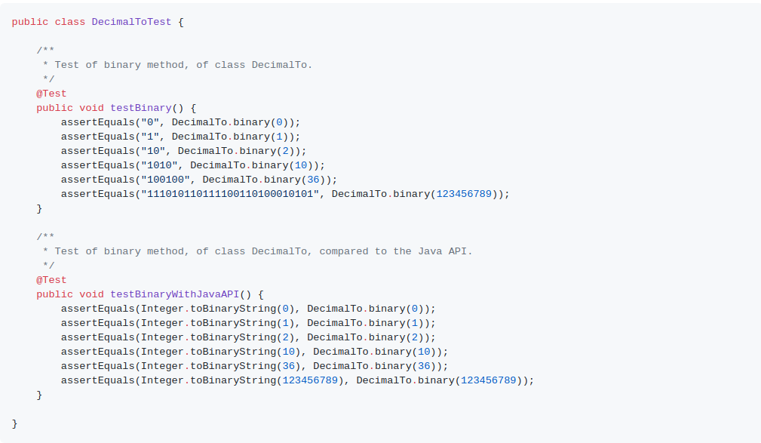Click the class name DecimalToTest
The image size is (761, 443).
point(131,22)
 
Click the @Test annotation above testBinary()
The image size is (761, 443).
point(51,94)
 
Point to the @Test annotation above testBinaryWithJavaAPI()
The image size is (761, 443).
point(51,280)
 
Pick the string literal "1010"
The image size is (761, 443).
point(159,165)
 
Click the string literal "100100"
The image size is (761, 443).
point(165,180)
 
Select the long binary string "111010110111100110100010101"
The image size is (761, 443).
point(230,194)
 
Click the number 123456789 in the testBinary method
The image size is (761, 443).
point(464,194)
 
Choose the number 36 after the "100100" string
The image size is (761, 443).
point(313,180)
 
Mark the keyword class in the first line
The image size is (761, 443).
point(70,22)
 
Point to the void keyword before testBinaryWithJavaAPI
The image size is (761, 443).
point(91,294)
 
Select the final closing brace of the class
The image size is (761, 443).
point(14,423)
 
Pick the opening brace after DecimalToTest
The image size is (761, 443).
point(181,22)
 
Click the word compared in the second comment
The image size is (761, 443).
point(344,251)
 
